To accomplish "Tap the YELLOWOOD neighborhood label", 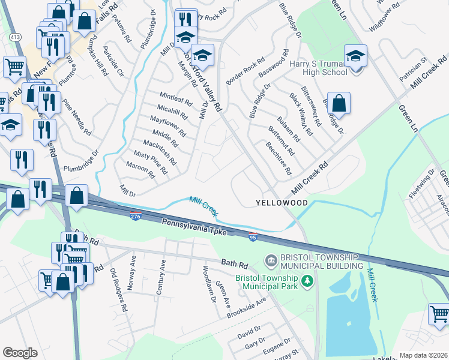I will point(282,203).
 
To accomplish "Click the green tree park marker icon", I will point(307,280).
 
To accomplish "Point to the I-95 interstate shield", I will point(253,238).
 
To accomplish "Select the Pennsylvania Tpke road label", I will point(193,227).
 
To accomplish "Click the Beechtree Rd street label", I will point(279,158).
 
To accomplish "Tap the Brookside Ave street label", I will point(246,307).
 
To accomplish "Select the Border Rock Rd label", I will point(245,71).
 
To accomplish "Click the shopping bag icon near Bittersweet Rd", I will point(339,103).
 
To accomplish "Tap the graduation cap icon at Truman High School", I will point(356,56).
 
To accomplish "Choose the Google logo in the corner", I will point(20,353).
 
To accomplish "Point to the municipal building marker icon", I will point(271,260).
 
